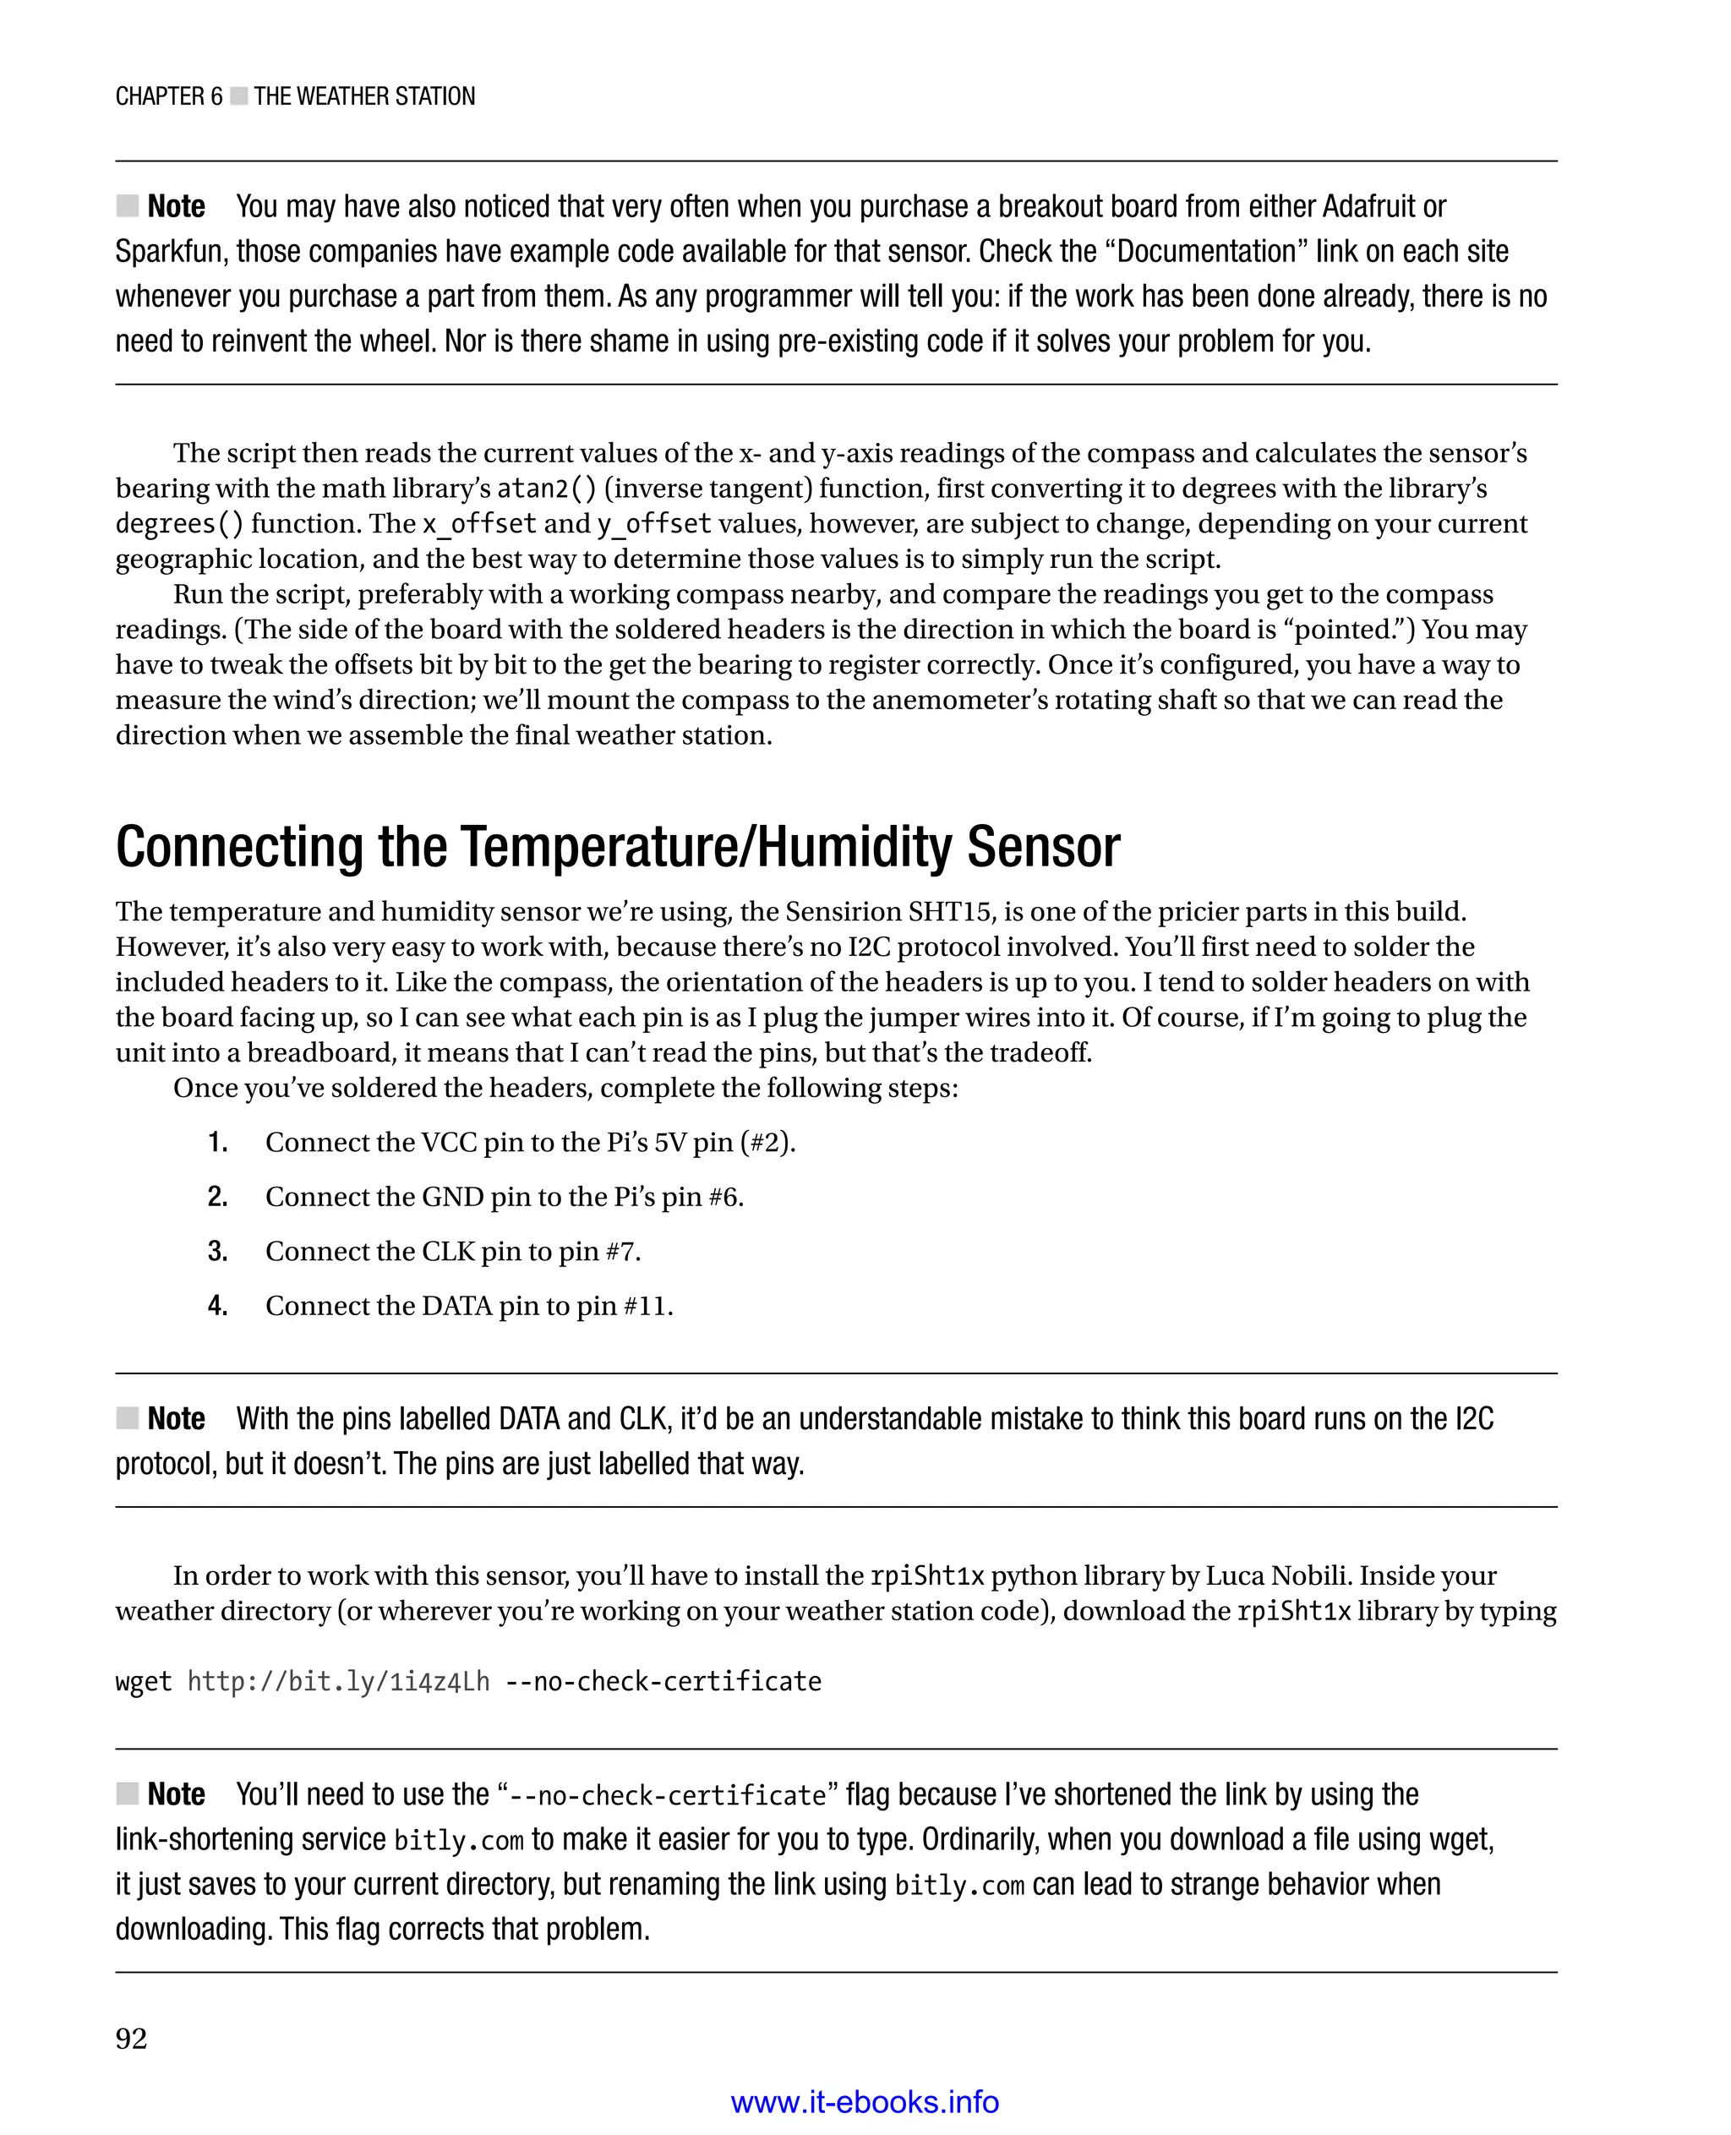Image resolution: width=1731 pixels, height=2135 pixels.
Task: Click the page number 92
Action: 132,2039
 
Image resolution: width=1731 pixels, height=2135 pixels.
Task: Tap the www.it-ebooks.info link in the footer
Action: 865,2102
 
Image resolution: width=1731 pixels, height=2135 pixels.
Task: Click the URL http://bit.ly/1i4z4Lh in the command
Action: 338,1682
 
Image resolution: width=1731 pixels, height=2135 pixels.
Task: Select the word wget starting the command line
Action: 144,1682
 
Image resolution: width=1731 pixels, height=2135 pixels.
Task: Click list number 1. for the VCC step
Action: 217,1143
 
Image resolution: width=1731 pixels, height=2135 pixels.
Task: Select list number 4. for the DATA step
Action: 217,1307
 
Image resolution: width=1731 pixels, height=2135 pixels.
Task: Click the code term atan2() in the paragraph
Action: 546,489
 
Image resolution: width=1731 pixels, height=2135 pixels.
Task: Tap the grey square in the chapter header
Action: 238,96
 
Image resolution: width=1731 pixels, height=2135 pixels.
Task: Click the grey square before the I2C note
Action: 127,1418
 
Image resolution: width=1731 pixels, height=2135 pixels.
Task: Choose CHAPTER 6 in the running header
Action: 168,96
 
